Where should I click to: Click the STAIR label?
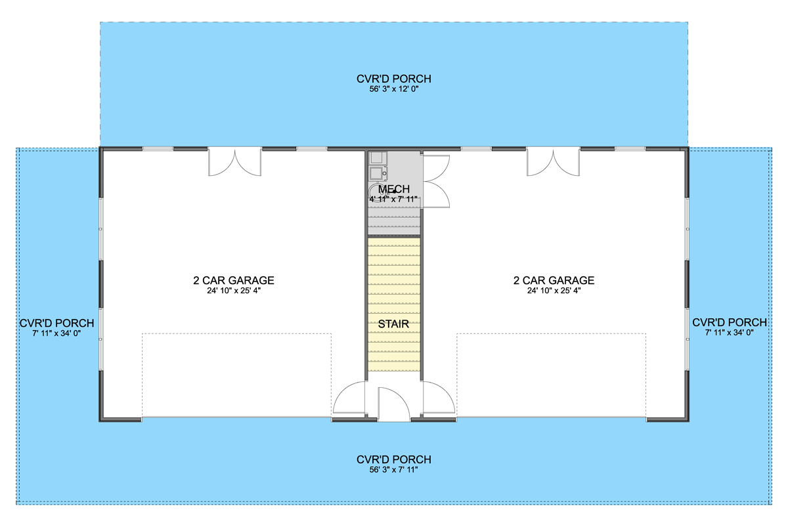point(393,324)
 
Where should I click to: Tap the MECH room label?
point(393,190)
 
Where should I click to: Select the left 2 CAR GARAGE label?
point(233,280)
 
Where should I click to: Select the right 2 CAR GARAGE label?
point(554,280)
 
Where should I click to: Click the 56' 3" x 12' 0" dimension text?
point(393,89)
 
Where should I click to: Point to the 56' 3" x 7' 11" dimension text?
point(393,470)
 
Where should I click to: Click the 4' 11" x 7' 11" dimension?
point(393,199)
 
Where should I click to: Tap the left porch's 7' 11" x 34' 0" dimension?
point(56,333)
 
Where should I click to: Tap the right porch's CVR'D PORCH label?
point(729,322)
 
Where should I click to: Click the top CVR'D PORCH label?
point(393,79)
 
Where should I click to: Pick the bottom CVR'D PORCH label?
point(393,459)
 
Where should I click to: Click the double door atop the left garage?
point(234,162)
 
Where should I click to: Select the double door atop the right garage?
point(553,162)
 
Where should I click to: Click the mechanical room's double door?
point(435,180)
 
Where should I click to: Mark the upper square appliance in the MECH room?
point(378,158)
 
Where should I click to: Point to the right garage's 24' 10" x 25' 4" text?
point(554,290)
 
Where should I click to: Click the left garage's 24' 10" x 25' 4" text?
point(233,290)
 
